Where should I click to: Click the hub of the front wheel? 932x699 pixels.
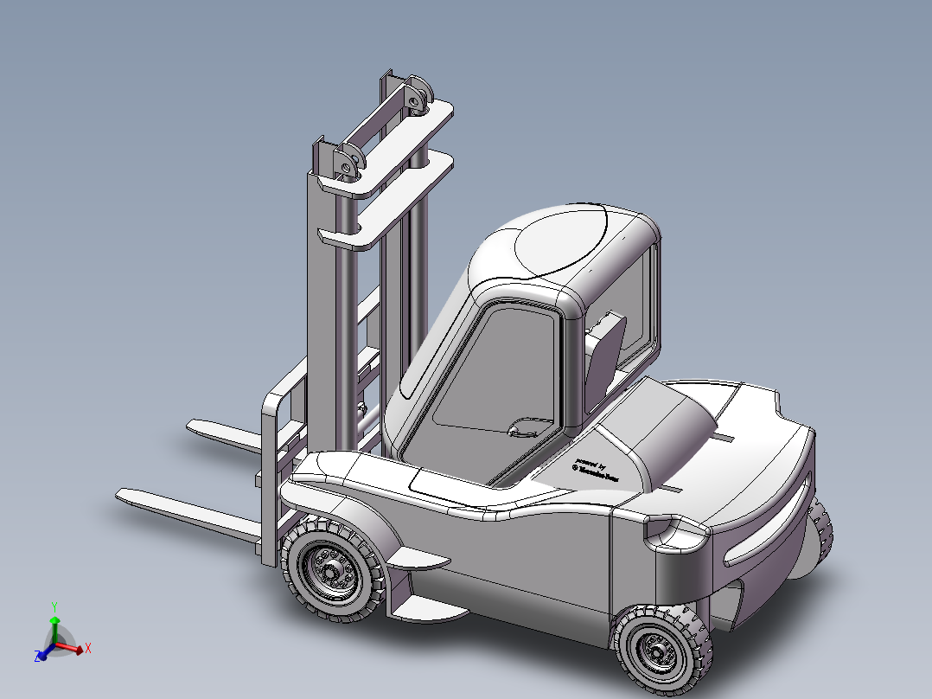tap(331, 571)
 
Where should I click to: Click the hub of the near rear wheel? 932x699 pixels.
tap(656, 650)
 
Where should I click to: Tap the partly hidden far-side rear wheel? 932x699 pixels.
tap(818, 537)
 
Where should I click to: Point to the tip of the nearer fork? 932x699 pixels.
tap(124, 496)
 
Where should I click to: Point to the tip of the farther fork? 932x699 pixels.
tap(193, 424)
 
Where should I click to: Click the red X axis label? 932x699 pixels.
tap(88, 647)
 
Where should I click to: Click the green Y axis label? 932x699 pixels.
tap(54, 606)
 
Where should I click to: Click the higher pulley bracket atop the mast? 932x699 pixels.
tap(418, 97)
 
